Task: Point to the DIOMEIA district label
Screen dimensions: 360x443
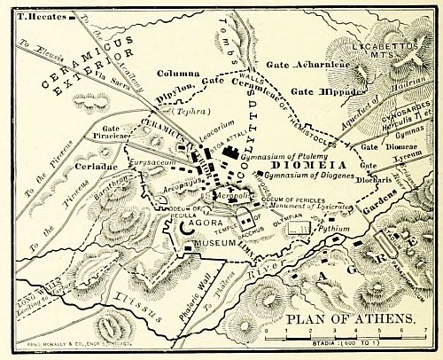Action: pos(304,164)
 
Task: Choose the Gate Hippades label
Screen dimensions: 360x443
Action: pos(322,91)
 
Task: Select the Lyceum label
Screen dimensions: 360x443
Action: pos(383,153)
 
